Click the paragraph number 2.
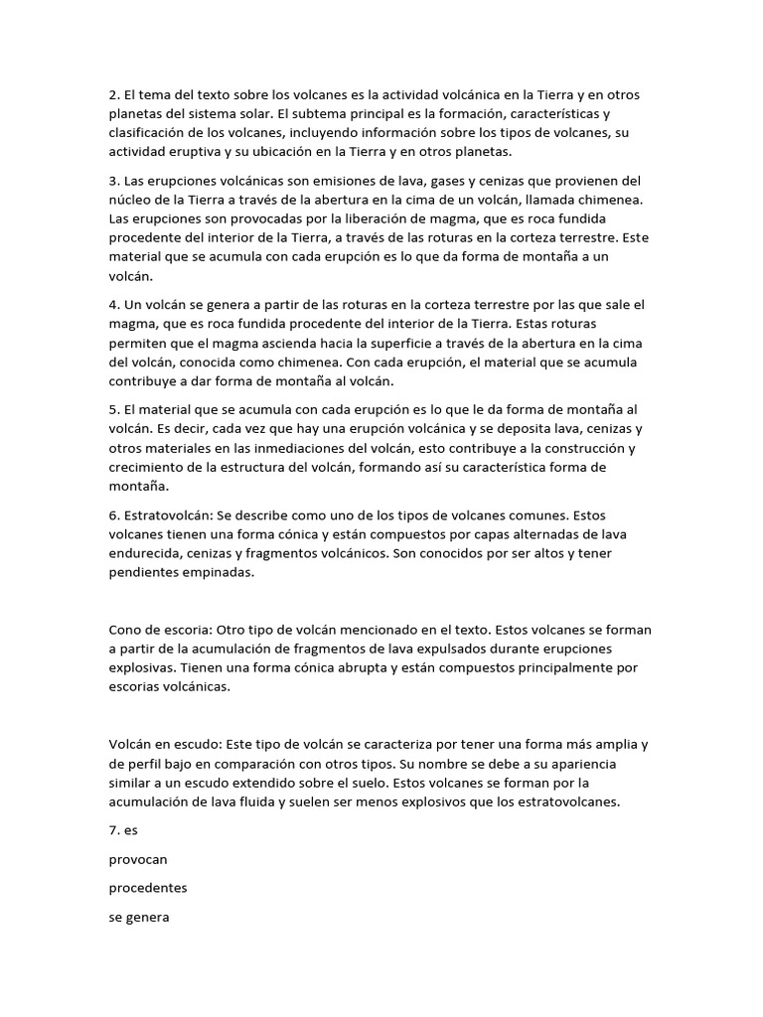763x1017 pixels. click(112, 94)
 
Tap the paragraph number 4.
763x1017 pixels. click(112, 304)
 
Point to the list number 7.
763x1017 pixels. click(112, 828)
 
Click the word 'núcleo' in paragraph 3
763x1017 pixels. click(132, 199)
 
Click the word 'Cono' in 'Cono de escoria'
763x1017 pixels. click(126, 630)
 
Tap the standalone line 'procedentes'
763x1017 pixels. click(148, 888)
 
